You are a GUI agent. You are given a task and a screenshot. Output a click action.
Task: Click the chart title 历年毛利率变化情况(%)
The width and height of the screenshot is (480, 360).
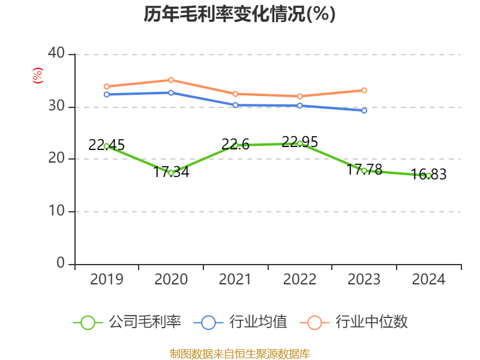click(239, 14)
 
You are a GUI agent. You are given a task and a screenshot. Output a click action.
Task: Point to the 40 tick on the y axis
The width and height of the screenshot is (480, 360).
click(57, 54)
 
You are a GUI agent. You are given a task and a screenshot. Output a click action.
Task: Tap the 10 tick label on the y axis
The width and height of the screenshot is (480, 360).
click(57, 212)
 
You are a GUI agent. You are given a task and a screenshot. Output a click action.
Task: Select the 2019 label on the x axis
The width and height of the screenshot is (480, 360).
click(106, 279)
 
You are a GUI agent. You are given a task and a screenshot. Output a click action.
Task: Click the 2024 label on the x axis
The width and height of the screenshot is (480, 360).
click(428, 279)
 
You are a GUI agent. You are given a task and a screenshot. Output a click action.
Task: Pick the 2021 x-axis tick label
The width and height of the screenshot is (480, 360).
click(235, 279)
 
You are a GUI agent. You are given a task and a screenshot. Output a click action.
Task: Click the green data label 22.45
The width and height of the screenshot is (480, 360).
click(106, 145)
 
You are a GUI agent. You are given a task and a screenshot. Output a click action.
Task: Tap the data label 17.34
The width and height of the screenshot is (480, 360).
click(171, 172)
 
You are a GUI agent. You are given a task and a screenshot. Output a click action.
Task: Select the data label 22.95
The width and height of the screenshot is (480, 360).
click(300, 142)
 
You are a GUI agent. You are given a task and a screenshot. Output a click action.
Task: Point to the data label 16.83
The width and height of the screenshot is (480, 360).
click(428, 175)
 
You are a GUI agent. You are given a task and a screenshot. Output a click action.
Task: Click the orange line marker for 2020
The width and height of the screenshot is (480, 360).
click(171, 80)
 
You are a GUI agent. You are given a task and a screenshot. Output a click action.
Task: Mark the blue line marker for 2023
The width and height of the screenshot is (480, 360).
click(364, 110)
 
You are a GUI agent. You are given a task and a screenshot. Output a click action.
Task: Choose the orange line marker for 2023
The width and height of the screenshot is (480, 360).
click(364, 91)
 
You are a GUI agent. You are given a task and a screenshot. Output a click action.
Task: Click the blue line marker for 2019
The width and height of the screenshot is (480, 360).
click(106, 94)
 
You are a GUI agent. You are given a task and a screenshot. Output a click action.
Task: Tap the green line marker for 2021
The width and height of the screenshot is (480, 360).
click(235, 145)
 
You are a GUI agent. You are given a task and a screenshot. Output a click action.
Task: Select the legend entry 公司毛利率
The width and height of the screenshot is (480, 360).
click(127, 322)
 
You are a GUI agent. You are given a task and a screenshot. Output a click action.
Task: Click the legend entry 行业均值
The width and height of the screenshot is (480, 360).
click(241, 322)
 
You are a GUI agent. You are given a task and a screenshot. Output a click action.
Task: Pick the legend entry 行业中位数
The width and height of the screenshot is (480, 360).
click(358, 322)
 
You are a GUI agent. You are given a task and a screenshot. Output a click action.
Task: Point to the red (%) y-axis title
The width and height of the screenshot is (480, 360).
click(37, 76)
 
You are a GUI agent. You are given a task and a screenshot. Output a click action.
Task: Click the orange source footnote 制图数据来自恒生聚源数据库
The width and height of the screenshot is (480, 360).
click(239, 353)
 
